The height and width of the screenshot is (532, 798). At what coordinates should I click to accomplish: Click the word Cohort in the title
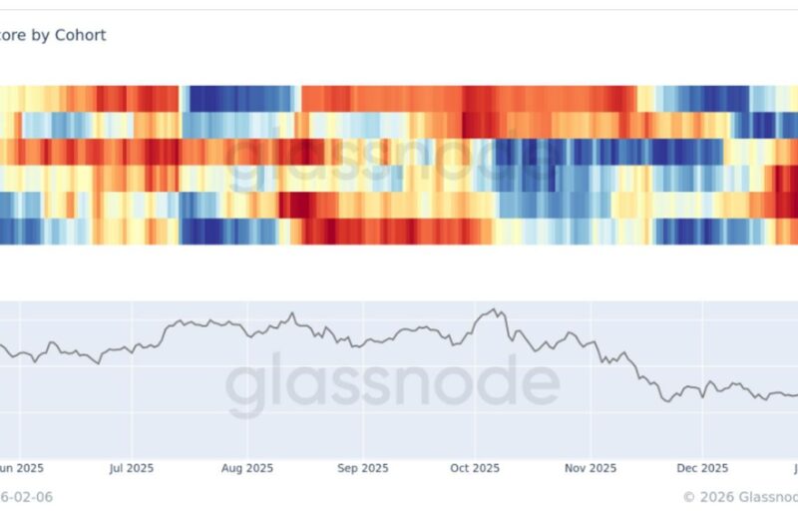81,35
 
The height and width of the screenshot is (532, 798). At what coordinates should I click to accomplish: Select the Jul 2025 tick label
131,467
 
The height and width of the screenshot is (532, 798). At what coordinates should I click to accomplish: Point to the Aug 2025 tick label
246,467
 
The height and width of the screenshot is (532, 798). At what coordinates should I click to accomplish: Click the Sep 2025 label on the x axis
362,467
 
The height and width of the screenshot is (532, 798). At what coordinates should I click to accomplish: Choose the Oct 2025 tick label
474,467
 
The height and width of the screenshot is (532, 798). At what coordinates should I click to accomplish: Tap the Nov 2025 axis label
590,467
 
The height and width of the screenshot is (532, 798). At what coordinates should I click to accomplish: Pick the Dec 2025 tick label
701,467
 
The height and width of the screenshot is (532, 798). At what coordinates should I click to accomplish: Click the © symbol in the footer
688,496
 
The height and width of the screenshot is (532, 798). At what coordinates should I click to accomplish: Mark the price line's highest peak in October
490,310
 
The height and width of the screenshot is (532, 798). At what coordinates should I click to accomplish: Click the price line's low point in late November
665,400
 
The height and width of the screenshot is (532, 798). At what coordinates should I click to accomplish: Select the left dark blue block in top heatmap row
239,98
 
